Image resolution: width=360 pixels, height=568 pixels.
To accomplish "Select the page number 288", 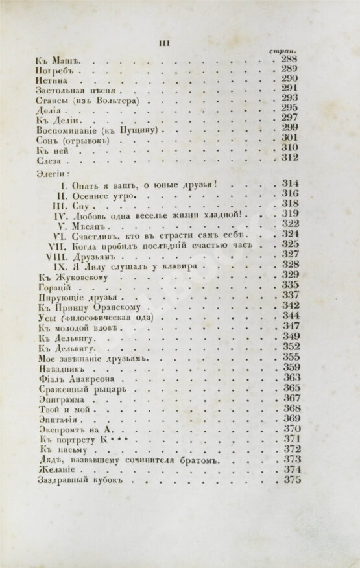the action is [x=289, y=60].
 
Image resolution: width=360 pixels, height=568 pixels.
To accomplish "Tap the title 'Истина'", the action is [x=48, y=80].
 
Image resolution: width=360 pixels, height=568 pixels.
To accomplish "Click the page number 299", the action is [x=289, y=128].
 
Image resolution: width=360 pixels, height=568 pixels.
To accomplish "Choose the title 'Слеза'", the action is [x=47, y=160].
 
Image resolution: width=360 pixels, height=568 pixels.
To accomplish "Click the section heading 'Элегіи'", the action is [x=49, y=173].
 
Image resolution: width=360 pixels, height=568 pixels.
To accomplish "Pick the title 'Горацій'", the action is [x=51, y=286].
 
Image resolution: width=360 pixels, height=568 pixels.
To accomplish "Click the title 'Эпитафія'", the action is [x=53, y=419].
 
